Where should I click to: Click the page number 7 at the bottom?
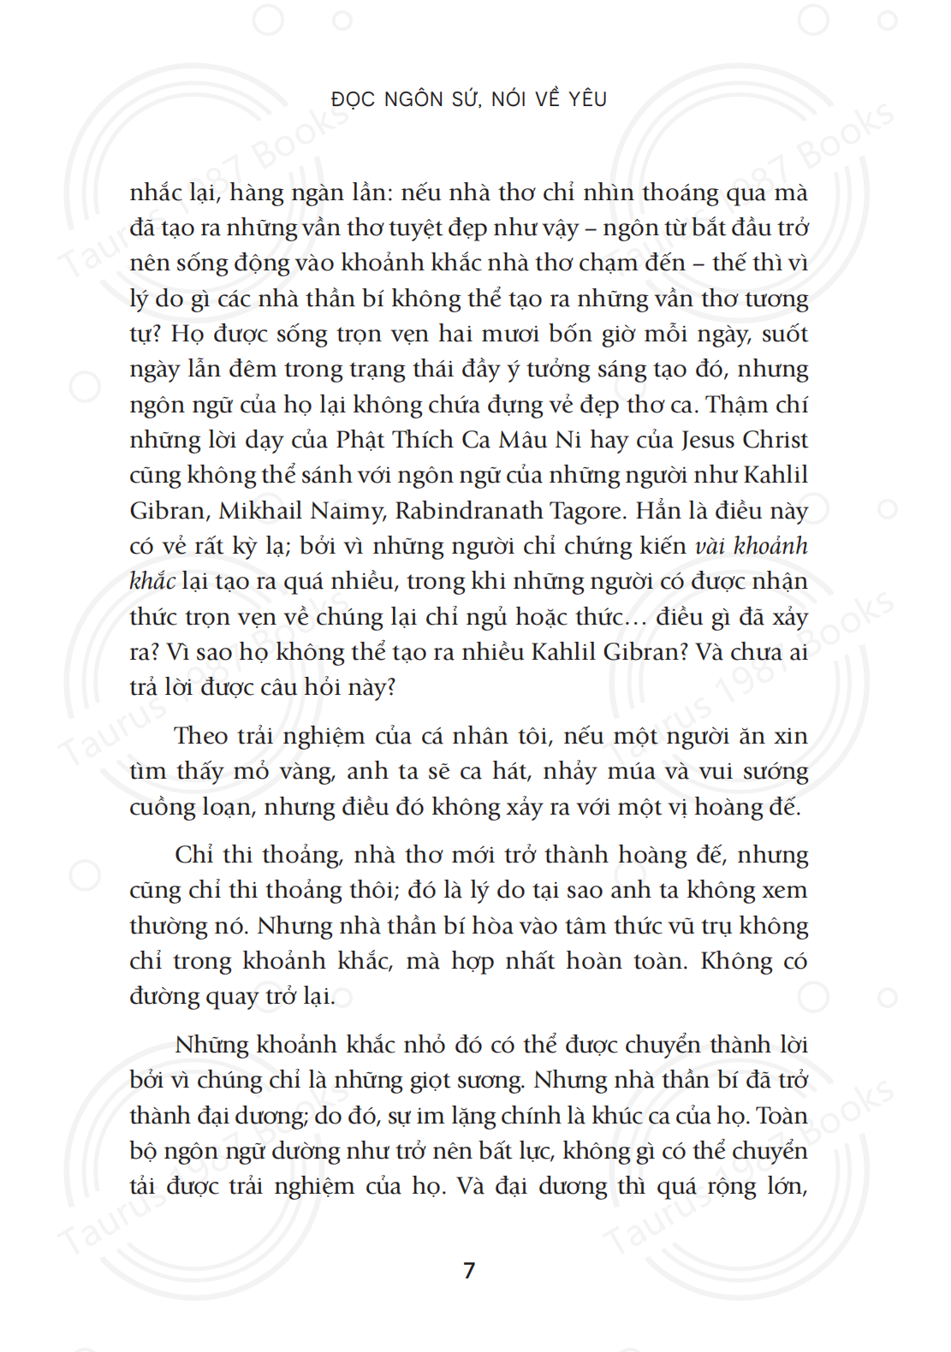click(469, 1270)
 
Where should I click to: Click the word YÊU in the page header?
click(588, 99)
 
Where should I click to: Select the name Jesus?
click(709, 440)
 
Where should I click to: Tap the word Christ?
click(775, 440)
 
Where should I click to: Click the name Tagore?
click(588, 511)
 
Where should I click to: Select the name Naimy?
click(348, 511)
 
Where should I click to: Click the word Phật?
click(360, 440)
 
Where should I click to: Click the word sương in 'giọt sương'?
click(496, 1081)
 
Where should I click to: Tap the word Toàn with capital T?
click(782, 1116)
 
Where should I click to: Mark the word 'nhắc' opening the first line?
click(155, 193)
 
